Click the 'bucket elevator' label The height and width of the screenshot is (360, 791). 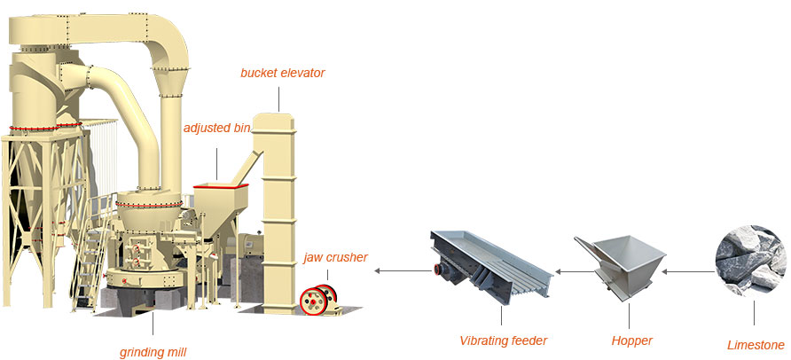[x=282, y=72]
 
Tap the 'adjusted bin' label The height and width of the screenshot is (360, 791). [x=218, y=128]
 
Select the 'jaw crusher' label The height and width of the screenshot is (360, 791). [x=335, y=257]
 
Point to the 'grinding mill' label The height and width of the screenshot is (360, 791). [x=153, y=351]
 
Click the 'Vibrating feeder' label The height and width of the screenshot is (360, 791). [x=503, y=340]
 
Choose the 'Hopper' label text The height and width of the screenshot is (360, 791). [x=630, y=340]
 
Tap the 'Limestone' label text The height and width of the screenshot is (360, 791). [x=756, y=345]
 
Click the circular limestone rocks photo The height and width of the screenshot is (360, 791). [x=752, y=259]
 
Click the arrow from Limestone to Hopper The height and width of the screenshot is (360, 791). [x=688, y=270]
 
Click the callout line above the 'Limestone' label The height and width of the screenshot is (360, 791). [x=756, y=313]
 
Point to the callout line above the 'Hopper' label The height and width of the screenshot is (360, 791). [x=630, y=315]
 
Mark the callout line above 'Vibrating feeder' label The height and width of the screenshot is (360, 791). [x=502, y=315]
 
